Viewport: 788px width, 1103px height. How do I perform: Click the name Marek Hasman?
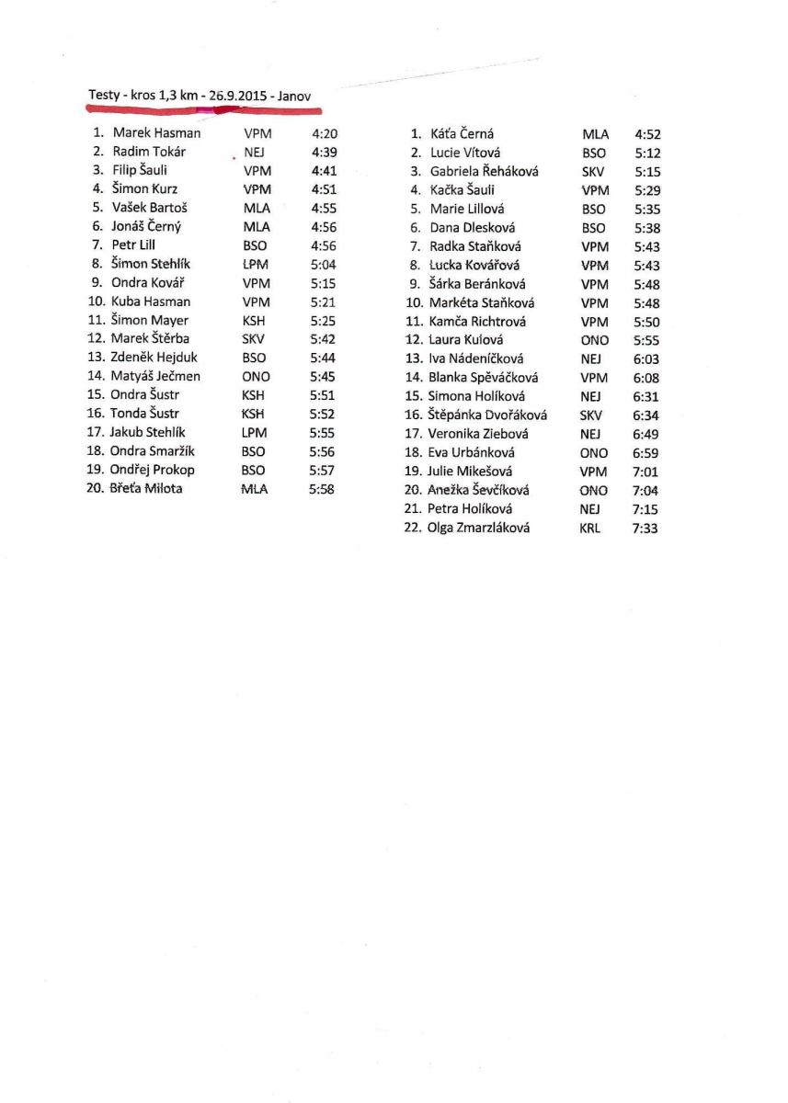[156, 133]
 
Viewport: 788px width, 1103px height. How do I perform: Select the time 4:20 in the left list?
[325, 133]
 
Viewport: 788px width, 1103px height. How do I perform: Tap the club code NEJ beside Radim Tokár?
[255, 152]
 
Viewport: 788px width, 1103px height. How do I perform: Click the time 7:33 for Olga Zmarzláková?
[645, 529]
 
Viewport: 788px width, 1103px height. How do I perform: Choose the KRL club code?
[590, 529]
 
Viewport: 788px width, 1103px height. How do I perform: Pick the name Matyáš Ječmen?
[155, 376]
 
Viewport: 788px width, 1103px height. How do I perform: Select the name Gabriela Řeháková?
[484, 171]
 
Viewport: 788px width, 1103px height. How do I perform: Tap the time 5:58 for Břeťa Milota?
[322, 489]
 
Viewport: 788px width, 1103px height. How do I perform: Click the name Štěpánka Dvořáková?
[487, 415]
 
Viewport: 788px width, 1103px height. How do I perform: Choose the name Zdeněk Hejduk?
[154, 358]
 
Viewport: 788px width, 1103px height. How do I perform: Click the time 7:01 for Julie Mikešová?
[645, 472]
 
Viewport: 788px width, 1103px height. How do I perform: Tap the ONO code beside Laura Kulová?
[595, 340]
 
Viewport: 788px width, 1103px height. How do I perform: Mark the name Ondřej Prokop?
[153, 470]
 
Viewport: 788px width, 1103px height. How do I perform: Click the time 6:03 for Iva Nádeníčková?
[645, 359]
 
